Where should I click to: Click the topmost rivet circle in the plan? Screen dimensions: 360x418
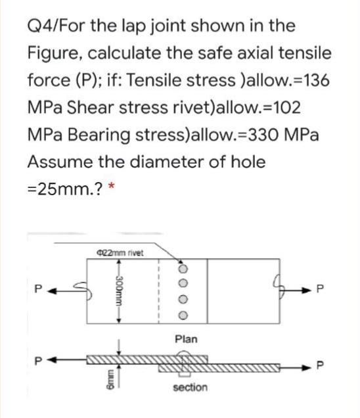(x=183, y=268)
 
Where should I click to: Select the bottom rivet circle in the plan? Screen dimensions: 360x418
(x=183, y=315)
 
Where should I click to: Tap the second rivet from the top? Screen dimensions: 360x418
(x=183, y=283)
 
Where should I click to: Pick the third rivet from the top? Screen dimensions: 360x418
(x=183, y=300)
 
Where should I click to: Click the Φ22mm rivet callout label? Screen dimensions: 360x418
(x=120, y=252)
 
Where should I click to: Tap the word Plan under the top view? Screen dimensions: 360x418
(x=186, y=339)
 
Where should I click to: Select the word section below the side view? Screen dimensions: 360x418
(x=190, y=387)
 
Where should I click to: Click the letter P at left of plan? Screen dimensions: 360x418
(x=39, y=289)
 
